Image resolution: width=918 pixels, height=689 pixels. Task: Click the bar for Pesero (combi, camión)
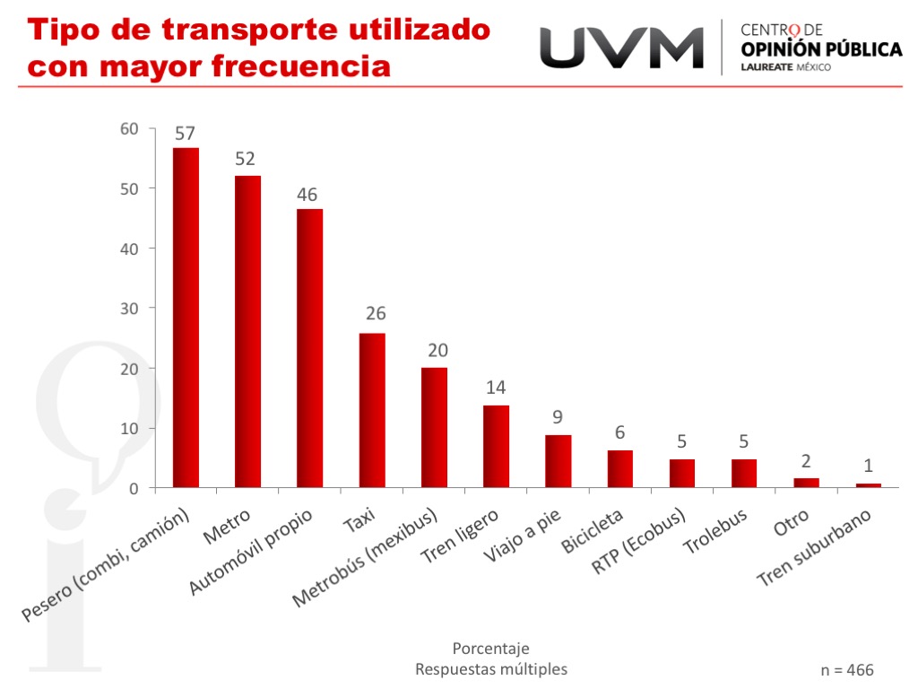[186, 318]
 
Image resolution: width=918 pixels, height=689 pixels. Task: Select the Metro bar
[247, 332]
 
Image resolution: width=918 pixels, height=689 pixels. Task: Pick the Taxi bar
[372, 410]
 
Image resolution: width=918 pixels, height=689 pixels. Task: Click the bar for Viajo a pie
[558, 461]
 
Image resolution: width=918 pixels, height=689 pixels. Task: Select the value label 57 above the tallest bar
[185, 134]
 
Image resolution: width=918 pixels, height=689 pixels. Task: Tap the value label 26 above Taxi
[376, 314]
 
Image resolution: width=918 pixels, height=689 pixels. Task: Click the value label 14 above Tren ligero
[496, 388]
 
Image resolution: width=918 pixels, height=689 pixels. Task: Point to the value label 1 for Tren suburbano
[869, 466]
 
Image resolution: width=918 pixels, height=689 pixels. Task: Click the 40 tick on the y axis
[130, 249]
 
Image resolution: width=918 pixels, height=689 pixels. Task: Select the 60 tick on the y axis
[130, 129]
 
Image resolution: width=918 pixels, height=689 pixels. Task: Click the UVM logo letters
[621, 47]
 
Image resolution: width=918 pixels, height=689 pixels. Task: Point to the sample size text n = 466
[846, 670]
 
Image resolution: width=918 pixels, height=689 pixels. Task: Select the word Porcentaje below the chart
[490, 649]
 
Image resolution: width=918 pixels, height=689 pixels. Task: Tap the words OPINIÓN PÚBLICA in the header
[822, 49]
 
